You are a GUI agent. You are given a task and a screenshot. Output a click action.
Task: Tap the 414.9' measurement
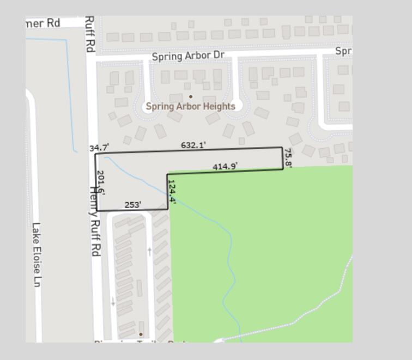(x=225, y=166)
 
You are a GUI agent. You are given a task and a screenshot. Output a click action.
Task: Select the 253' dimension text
(x=133, y=205)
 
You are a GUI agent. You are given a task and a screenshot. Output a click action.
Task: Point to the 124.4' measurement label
(x=172, y=192)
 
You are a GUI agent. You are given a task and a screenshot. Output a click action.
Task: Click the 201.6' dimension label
(x=101, y=183)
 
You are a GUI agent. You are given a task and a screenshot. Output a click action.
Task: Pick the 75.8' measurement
(x=288, y=158)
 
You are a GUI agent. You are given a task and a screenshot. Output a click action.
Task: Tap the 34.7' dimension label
(x=99, y=148)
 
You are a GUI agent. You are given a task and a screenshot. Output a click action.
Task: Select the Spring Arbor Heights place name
(x=190, y=106)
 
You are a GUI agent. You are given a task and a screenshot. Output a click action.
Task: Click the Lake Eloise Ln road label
(x=37, y=255)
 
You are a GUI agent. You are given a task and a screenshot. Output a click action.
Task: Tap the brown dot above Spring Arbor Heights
(x=190, y=96)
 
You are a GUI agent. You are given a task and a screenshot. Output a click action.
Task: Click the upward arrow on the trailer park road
(x=149, y=251)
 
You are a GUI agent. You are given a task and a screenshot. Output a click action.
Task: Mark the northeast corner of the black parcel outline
(x=282, y=147)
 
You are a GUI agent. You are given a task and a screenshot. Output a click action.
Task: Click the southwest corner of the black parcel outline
(x=96, y=211)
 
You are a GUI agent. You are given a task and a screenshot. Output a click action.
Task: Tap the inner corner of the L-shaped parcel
(x=167, y=174)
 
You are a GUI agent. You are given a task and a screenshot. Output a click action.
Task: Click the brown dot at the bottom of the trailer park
(x=141, y=334)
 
